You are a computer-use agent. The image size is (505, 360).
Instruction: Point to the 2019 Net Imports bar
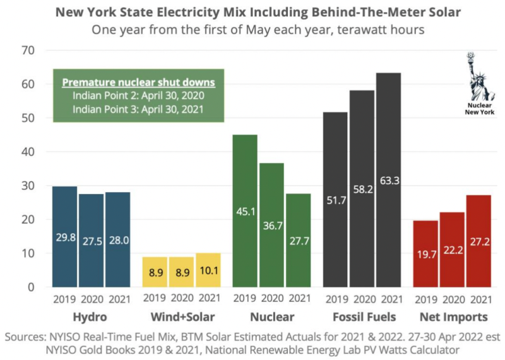(x=425, y=253)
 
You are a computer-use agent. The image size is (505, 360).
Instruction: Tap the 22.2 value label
(x=452, y=252)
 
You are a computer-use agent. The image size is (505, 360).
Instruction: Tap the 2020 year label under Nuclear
(x=273, y=299)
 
